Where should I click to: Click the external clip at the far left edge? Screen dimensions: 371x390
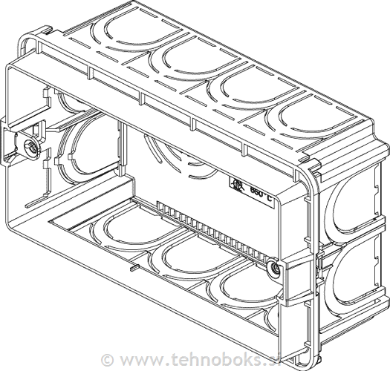pyautogui.click(x=8, y=140)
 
